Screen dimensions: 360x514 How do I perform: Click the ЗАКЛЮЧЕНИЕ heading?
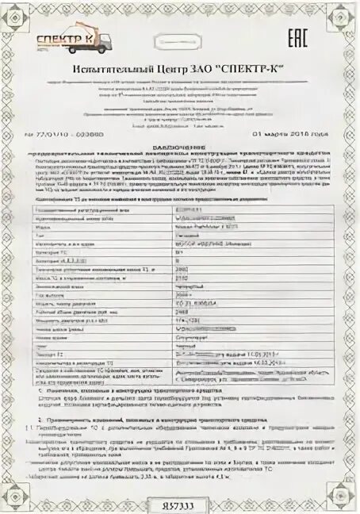point(180,147)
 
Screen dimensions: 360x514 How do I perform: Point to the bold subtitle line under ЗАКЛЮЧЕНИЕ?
point(180,154)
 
